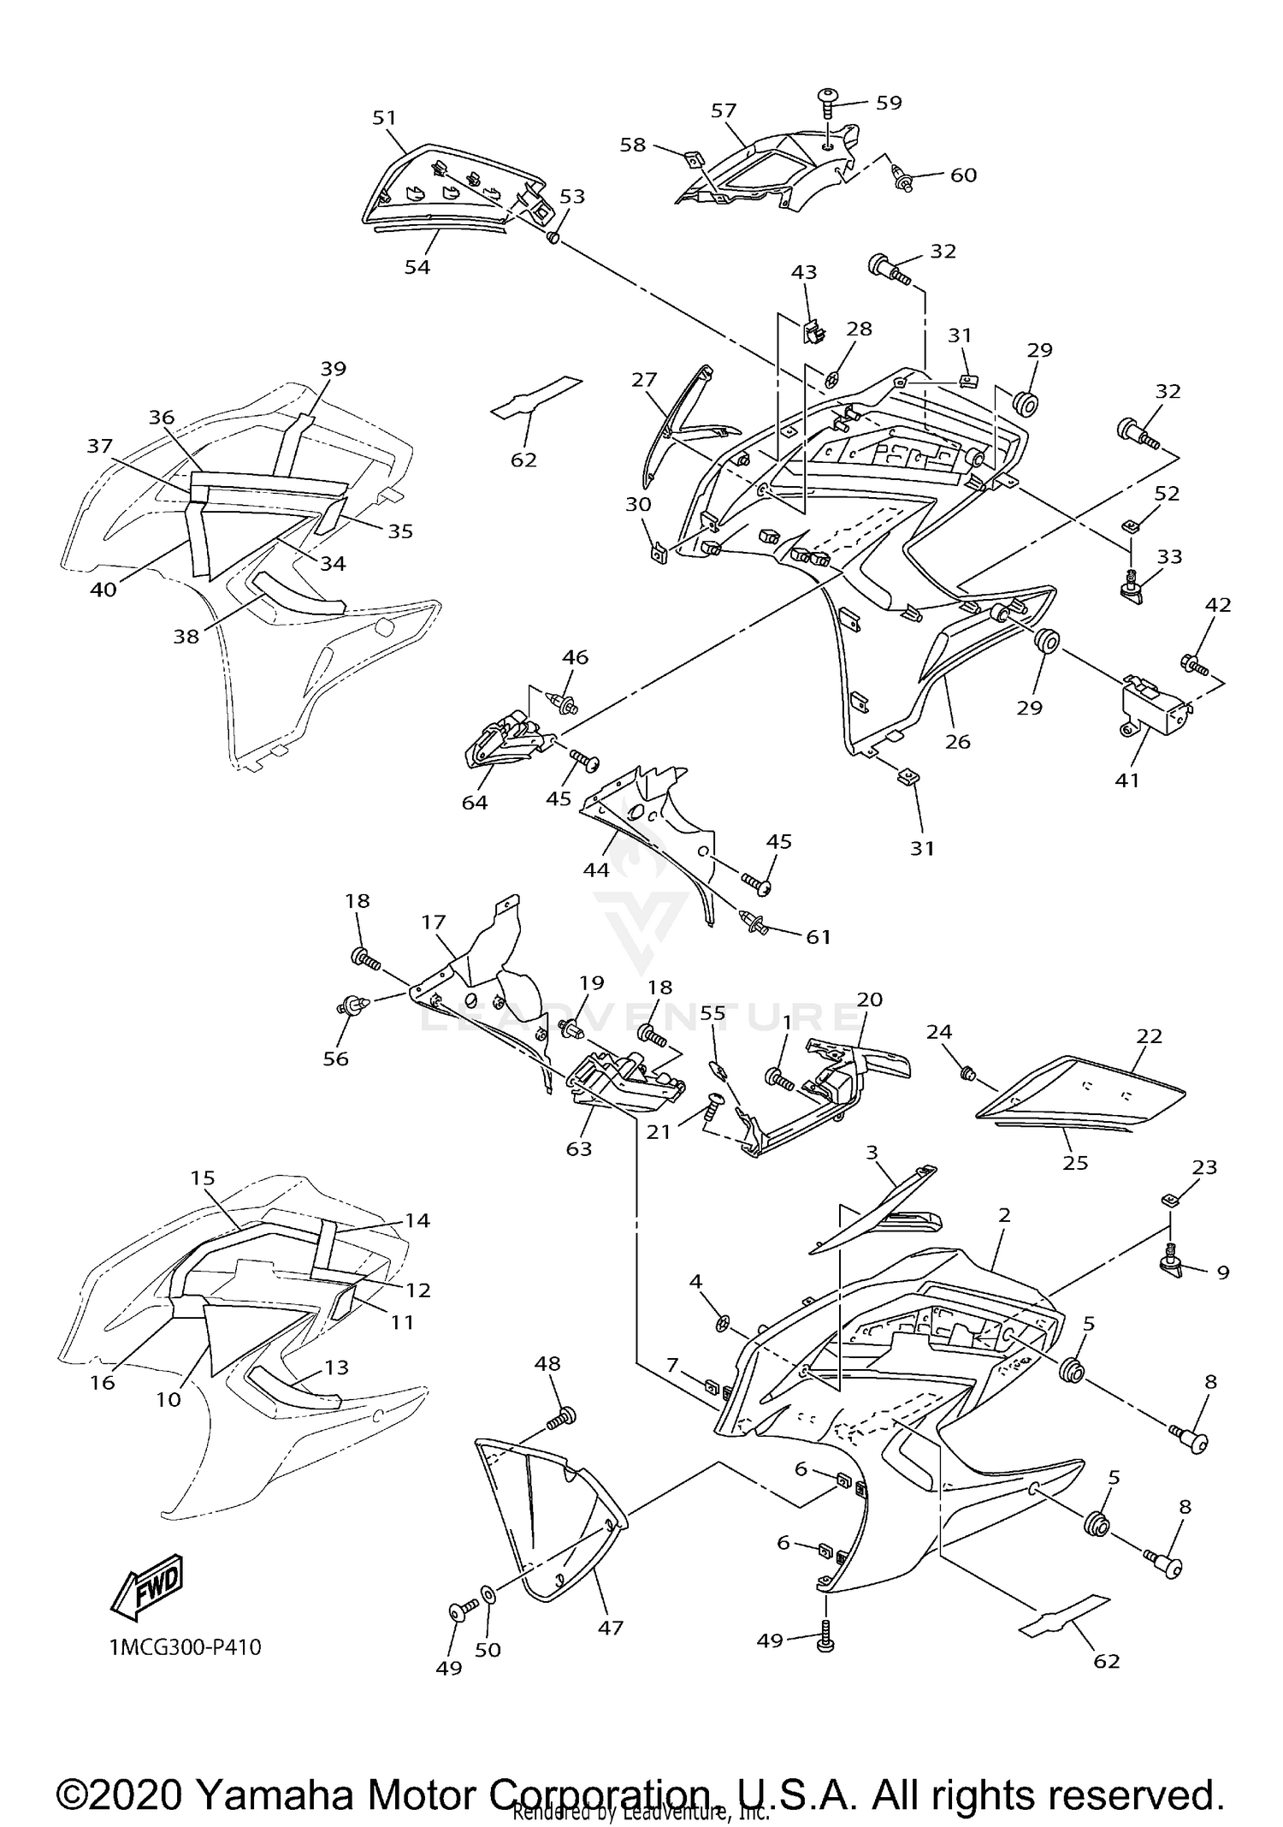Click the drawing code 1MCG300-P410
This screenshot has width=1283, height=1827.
[x=185, y=1646]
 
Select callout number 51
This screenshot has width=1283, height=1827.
[x=385, y=118]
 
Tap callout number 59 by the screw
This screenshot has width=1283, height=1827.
[x=889, y=103]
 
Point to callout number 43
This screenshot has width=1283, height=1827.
[x=804, y=272]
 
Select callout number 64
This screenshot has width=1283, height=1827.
[x=475, y=802]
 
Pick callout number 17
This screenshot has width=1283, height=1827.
[x=434, y=922]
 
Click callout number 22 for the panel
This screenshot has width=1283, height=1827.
[x=1150, y=1035]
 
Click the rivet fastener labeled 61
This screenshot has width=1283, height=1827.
[x=754, y=922]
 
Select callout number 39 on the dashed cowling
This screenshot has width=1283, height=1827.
[x=334, y=369]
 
